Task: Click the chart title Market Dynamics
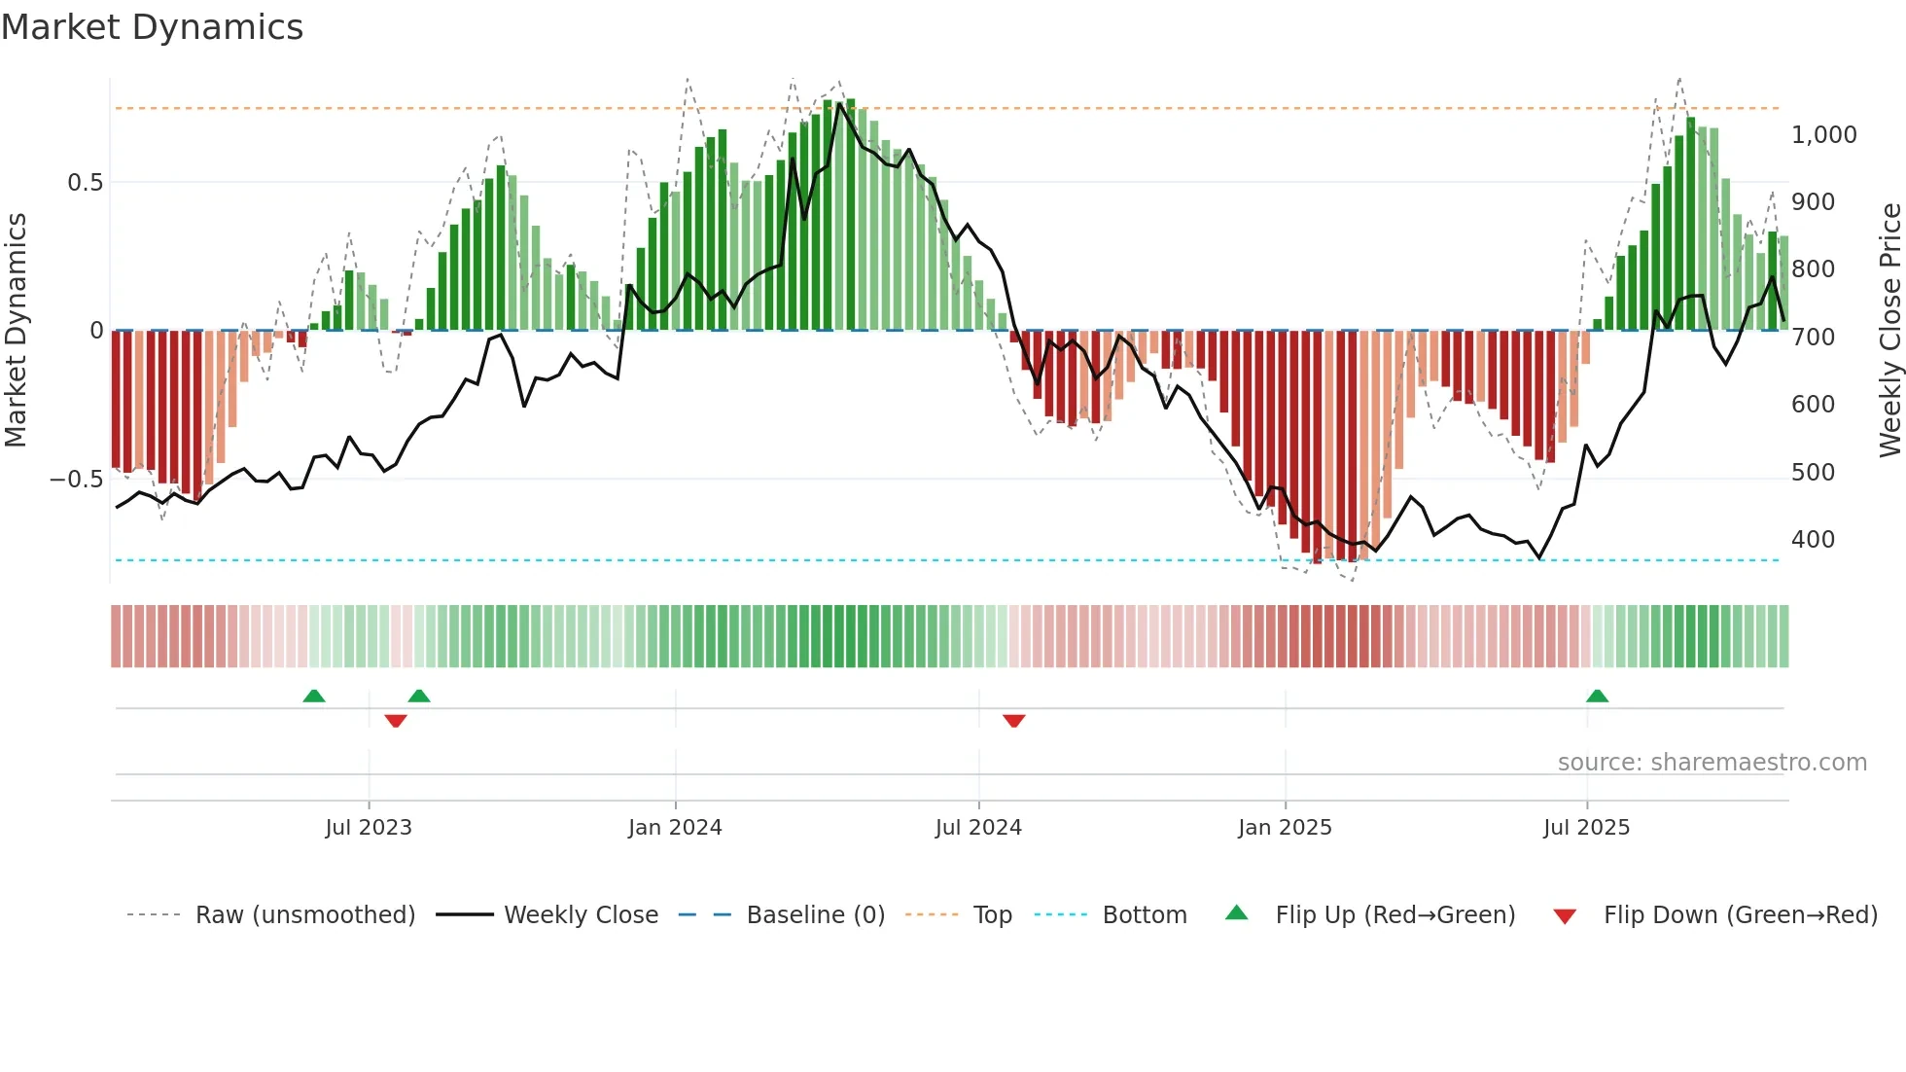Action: tap(152, 27)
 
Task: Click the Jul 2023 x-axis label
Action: tap(369, 828)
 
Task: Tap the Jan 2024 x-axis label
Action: tap(675, 828)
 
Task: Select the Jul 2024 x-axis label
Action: tap(978, 828)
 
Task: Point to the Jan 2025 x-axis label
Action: tap(1285, 828)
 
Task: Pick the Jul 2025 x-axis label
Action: tap(1586, 828)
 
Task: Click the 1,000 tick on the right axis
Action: tap(1823, 135)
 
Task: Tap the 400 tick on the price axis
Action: tap(1813, 540)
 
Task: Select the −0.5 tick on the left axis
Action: tap(77, 480)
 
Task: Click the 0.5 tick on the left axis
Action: tap(85, 183)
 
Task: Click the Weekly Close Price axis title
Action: tap(1889, 331)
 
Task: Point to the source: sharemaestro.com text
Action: tap(1712, 763)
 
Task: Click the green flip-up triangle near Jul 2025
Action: tap(1597, 696)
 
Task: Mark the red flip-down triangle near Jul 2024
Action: tap(1013, 721)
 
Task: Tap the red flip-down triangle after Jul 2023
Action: tap(395, 721)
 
